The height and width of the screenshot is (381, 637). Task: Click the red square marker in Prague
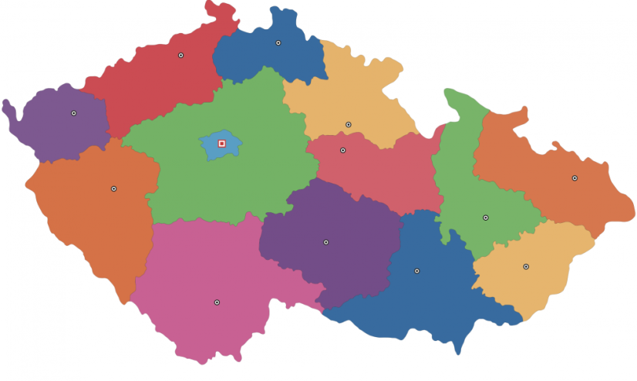(x=222, y=143)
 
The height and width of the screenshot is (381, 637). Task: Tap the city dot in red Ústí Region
(x=181, y=56)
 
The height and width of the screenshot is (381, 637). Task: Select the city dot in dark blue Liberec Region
(x=278, y=43)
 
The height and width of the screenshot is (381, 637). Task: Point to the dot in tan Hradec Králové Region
(x=349, y=124)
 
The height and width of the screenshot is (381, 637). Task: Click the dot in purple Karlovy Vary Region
(x=74, y=113)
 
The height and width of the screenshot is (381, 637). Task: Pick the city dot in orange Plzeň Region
(x=114, y=189)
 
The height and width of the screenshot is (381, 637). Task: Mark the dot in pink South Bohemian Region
(x=217, y=302)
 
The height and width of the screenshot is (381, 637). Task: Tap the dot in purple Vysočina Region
(x=326, y=242)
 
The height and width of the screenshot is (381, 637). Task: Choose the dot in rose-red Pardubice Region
(x=343, y=150)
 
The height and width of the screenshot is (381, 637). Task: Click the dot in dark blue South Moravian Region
(x=417, y=271)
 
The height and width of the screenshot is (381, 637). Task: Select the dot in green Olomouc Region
(x=486, y=217)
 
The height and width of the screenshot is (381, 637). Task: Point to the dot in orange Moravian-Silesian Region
(x=575, y=178)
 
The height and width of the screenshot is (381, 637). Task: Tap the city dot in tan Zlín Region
(x=526, y=267)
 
